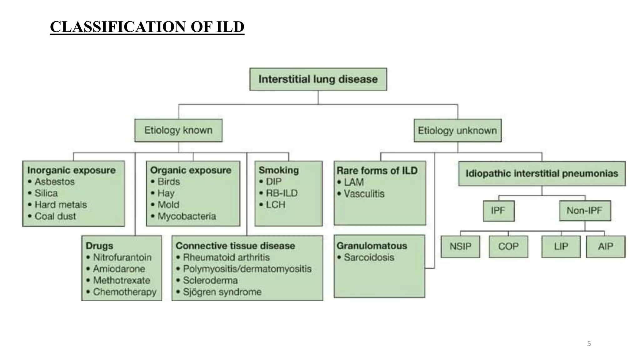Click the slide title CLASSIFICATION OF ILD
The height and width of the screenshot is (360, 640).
click(147, 27)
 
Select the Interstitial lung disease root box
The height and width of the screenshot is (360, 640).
click(318, 79)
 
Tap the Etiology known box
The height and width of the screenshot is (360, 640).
click(178, 130)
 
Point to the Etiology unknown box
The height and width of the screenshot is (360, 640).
click(457, 130)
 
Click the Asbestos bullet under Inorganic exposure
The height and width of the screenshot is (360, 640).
click(54, 182)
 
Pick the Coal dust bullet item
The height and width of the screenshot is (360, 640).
click(55, 216)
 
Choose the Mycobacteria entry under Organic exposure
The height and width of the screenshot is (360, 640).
click(187, 216)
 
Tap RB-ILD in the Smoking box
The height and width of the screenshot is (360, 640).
click(282, 193)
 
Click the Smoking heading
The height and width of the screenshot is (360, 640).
click(278, 170)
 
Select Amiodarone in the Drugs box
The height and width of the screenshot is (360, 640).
click(119, 269)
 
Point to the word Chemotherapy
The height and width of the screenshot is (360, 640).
click(125, 292)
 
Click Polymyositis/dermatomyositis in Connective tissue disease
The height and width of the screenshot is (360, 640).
click(247, 269)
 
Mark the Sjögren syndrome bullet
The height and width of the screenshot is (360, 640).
click(222, 292)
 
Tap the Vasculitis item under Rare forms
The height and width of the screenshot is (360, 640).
click(364, 194)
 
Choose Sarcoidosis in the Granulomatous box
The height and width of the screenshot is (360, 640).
click(369, 257)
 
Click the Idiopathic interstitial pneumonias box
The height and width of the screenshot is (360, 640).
click(542, 173)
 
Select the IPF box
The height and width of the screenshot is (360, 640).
click(498, 211)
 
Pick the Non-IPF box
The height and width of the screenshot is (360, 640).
click(584, 211)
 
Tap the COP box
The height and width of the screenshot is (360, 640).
click(508, 246)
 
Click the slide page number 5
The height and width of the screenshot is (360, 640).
click(589, 344)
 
